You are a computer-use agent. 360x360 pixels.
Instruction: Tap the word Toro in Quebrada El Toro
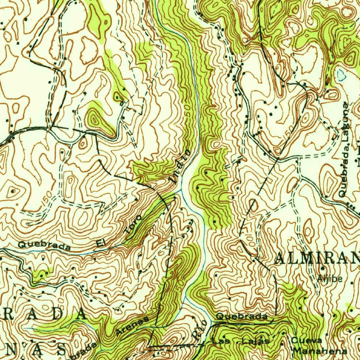click(134, 225)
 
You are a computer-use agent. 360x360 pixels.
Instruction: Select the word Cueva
click(306, 340)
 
